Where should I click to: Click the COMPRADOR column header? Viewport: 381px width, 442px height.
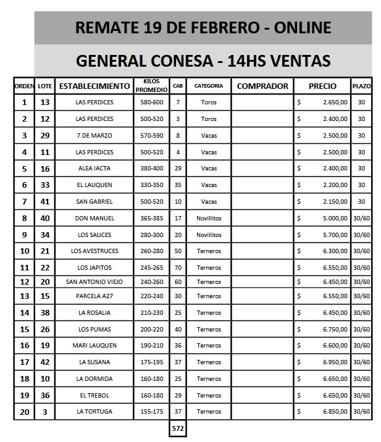(262, 86)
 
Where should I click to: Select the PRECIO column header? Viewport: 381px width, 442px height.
(322, 86)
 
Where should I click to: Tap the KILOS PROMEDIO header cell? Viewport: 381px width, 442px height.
(152, 86)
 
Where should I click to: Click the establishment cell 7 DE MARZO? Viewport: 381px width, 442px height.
(94, 135)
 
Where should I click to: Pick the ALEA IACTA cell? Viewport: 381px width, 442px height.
(94, 169)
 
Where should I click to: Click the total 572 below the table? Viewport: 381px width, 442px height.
(178, 427)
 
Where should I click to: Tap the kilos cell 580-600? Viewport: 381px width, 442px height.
(152, 102)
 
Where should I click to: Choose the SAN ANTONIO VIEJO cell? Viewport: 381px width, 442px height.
(94, 281)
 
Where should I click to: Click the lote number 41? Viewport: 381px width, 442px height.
(44, 202)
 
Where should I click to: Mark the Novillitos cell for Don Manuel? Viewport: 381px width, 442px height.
(209, 219)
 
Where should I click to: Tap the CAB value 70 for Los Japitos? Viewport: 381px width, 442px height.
(178, 267)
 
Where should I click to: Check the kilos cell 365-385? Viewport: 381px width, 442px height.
(152, 219)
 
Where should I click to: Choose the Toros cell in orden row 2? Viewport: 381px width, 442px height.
(209, 119)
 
